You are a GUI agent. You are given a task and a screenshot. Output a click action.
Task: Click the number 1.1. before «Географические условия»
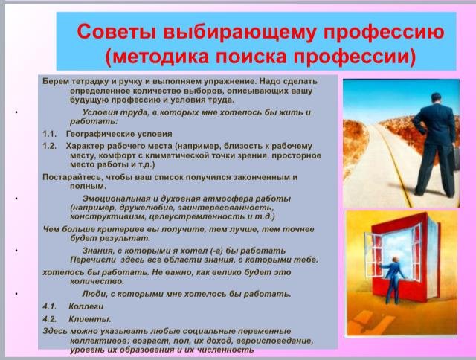[50, 134]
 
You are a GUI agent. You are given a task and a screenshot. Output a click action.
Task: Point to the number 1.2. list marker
[50, 146]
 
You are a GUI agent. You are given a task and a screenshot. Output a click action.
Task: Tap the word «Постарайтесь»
[71, 177]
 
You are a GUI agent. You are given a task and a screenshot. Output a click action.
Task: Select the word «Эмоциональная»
[116, 199]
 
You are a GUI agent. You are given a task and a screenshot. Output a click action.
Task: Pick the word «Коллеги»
[86, 306]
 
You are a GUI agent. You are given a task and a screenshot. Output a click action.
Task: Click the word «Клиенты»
[90, 319]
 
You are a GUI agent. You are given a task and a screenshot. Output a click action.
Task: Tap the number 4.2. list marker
[50, 319]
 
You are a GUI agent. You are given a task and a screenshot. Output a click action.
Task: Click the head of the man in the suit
[436, 99]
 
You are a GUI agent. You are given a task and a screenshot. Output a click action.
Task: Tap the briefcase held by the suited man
[456, 157]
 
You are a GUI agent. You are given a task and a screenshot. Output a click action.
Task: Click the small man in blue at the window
[393, 280]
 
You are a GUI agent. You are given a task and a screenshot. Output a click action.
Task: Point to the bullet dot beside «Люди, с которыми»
[16, 294]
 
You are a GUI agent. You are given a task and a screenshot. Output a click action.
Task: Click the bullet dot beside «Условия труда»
[16, 112]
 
